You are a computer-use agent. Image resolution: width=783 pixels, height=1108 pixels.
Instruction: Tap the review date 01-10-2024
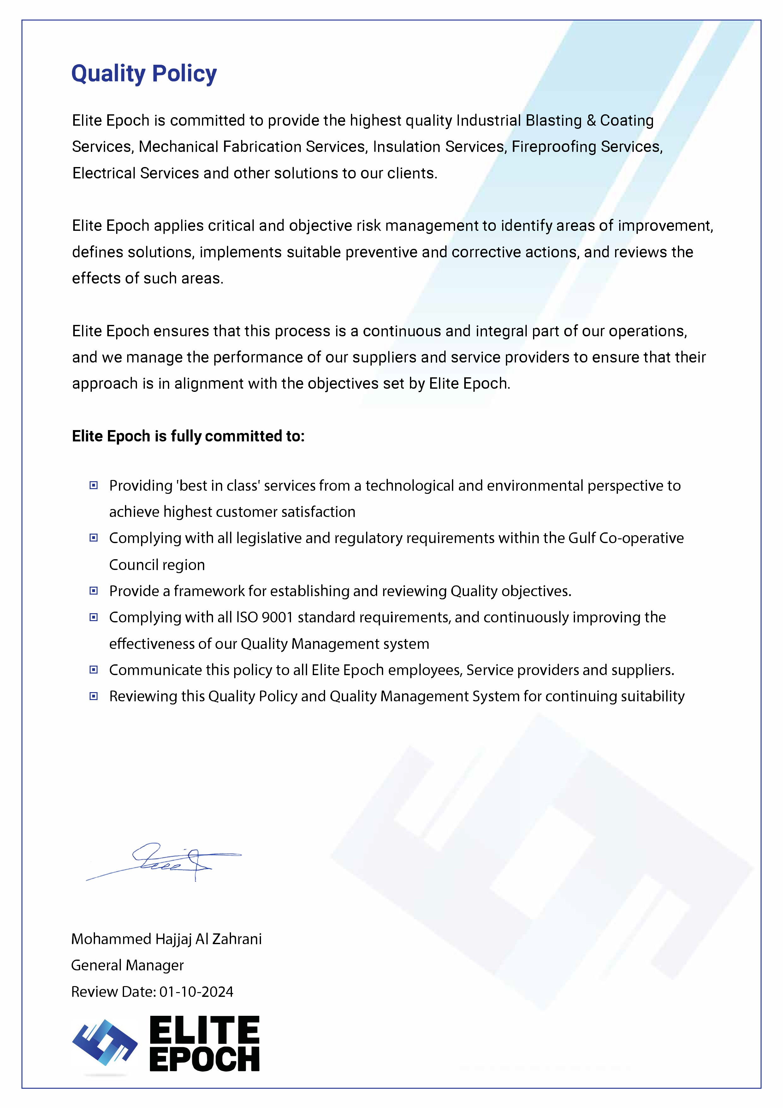(x=196, y=992)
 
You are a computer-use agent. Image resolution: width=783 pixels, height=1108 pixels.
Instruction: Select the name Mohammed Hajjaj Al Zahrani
(x=166, y=939)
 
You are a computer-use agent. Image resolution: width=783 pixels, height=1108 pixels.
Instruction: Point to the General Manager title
(x=128, y=965)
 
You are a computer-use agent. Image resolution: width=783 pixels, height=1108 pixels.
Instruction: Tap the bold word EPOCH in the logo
(x=205, y=1059)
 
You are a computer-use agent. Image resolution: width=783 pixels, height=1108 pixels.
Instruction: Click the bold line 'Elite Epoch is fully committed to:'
(x=188, y=436)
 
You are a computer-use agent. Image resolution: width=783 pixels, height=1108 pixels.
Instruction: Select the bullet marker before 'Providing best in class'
(x=94, y=485)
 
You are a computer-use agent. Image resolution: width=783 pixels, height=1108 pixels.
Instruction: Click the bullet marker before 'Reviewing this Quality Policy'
(x=94, y=696)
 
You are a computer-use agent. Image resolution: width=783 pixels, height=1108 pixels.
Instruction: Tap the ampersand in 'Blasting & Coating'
(x=591, y=121)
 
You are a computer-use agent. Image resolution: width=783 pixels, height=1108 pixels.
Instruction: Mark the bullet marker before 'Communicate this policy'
(x=94, y=670)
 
